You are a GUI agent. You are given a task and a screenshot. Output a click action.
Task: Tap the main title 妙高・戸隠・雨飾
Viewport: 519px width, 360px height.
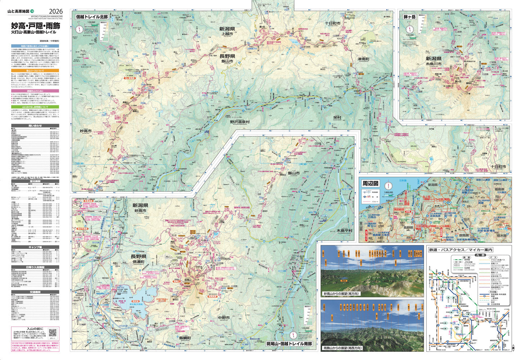35,26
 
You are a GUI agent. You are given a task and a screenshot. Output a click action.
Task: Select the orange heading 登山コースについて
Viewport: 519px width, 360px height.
35,71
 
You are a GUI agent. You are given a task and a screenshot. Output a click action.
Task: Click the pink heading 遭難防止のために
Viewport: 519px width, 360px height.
35,91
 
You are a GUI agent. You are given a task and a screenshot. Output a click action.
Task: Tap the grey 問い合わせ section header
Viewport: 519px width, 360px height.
35,126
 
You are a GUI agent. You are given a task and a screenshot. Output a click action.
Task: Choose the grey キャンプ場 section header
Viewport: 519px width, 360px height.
35,247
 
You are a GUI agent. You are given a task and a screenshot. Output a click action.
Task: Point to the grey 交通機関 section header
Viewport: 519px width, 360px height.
35,292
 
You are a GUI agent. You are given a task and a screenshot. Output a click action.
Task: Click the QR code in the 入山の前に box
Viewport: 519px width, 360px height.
53,333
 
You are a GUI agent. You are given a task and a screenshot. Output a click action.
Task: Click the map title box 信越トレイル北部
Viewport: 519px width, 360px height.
92,17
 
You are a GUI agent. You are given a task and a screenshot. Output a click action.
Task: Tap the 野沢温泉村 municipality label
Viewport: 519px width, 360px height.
240,122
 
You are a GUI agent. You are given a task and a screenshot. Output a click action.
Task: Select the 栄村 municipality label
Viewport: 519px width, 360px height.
337,117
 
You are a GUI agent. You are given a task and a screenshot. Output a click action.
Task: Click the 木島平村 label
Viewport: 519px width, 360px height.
344,230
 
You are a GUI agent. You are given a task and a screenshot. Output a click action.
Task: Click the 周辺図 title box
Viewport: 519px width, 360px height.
370,184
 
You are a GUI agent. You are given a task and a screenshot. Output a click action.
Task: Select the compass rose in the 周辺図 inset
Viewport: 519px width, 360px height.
388,186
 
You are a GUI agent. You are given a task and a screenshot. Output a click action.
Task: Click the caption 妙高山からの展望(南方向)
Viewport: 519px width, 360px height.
341,294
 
